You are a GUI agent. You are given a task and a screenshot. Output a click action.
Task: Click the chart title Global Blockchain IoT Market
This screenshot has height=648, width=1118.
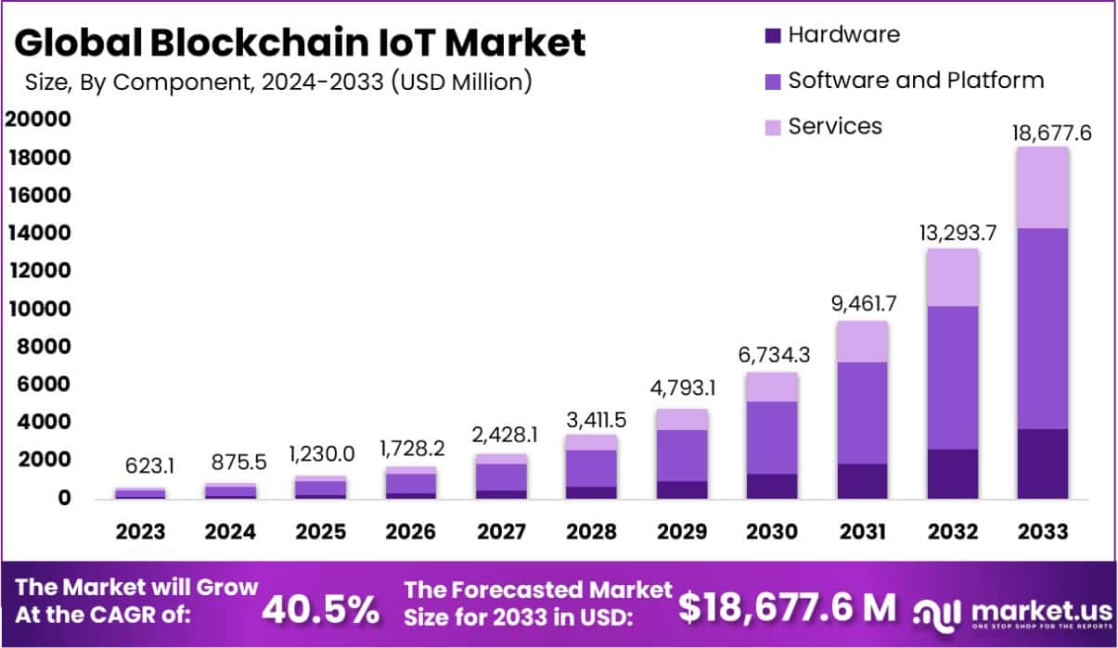(x=301, y=43)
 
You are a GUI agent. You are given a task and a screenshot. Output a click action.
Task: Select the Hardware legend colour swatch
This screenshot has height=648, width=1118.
(x=772, y=36)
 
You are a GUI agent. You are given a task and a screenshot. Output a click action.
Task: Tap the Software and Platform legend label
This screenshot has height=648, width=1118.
(x=916, y=81)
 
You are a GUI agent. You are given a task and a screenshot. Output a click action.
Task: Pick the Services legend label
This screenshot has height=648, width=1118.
(x=835, y=126)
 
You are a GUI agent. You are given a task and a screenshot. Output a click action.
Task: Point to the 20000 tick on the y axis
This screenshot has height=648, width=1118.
(x=38, y=120)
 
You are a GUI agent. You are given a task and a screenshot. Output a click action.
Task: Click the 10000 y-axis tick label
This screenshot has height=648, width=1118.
(x=38, y=309)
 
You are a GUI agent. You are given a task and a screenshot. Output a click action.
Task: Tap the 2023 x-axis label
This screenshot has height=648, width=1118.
(x=141, y=532)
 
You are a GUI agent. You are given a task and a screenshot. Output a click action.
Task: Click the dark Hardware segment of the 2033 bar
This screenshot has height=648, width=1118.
(x=1041, y=464)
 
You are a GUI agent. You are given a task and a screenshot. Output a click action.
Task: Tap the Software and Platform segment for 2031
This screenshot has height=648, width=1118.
(x=861, y=413)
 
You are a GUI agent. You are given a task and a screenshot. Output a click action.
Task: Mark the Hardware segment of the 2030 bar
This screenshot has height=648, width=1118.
(x=772, y=486)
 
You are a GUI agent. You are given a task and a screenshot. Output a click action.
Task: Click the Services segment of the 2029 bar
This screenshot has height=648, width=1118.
(x=682, y=419)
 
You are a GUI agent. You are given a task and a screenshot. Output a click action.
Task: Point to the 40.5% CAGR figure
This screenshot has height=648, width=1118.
(x=321, y=609)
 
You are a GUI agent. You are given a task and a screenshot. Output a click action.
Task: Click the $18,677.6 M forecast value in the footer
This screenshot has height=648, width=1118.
(x=787, y=607)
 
